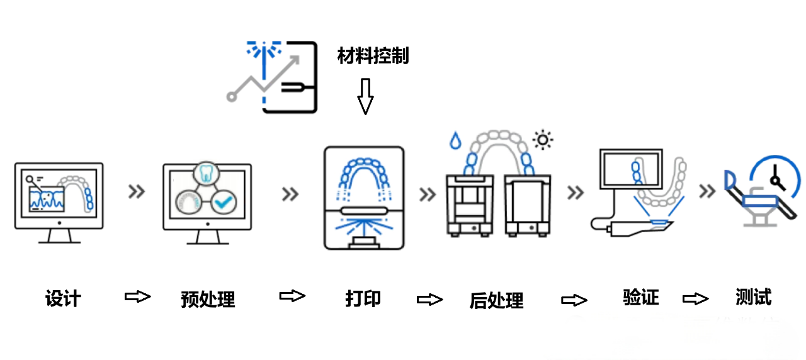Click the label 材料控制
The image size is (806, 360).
click(x=373, y=57)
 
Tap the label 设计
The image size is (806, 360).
click(x=63, y=298)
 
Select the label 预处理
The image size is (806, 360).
click(x=208, y=299)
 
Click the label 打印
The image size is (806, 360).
click(x=363, y=298)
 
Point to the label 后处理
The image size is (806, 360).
click(x=496, y=300)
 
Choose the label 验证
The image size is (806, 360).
click(x=640, y=296)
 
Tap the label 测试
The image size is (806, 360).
click(x=753, y=296)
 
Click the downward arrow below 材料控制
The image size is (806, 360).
click(x=365, y=96)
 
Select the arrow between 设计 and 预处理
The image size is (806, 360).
click(x=138, y=296)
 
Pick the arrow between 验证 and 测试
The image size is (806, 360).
click(x=696, y=298)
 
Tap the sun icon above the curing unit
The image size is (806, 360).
click(x=542, y=138)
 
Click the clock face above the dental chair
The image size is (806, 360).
click(x=778, y=177)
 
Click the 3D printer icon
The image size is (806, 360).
click(x=363, y=198)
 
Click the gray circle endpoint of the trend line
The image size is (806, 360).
click(x=232, y=97)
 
